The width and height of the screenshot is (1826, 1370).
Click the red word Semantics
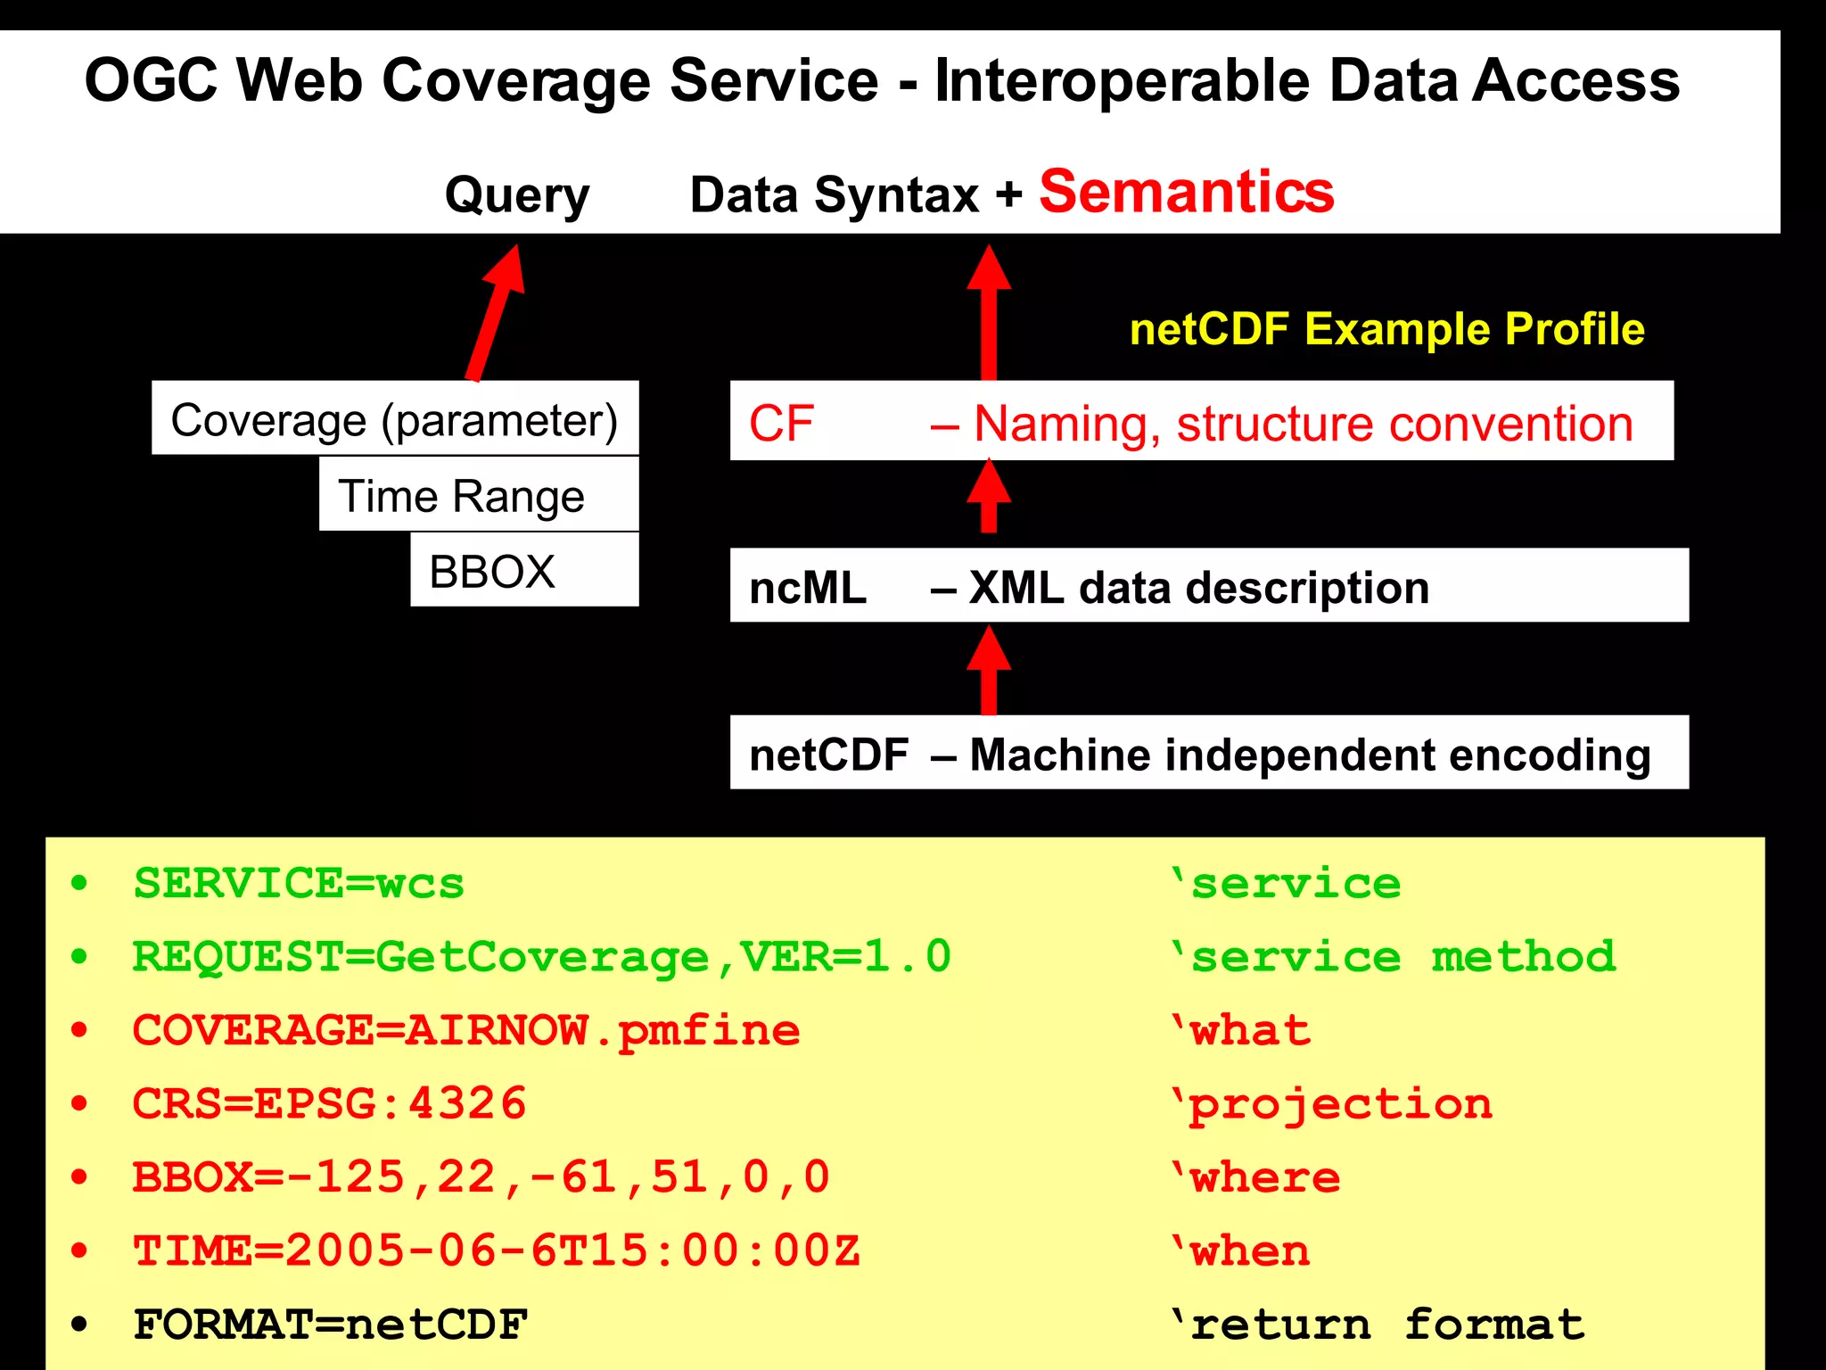coord(1186,193)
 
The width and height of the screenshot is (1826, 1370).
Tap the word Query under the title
coord(517,196)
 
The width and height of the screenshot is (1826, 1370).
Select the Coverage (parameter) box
coord(395,419)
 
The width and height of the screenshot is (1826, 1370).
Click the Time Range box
coord(479,495)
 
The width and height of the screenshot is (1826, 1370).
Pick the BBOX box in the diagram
coord(524,571)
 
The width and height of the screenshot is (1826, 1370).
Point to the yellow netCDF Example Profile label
coord(1386,329)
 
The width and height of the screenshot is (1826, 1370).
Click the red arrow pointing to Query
coord(496,312)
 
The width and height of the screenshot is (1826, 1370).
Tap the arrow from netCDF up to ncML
coord(989,669)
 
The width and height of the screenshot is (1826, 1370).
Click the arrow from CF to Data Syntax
coord(989,312)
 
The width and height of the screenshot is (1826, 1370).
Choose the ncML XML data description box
coord(1208,586)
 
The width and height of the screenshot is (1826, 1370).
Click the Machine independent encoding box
coord(1208,753)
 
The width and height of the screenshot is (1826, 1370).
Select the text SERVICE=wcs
coord(299,884)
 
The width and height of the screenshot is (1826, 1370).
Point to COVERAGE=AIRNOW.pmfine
coord(465,1031)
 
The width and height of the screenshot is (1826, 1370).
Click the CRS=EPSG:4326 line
coord(329,1104)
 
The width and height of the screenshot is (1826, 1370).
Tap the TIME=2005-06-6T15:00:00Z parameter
coord(496,1250)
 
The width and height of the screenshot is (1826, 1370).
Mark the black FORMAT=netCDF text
coord(330,1325)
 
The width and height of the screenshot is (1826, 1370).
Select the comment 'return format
coord(1378,1325)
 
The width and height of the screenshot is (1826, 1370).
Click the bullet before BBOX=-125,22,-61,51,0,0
coord(80,1177)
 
